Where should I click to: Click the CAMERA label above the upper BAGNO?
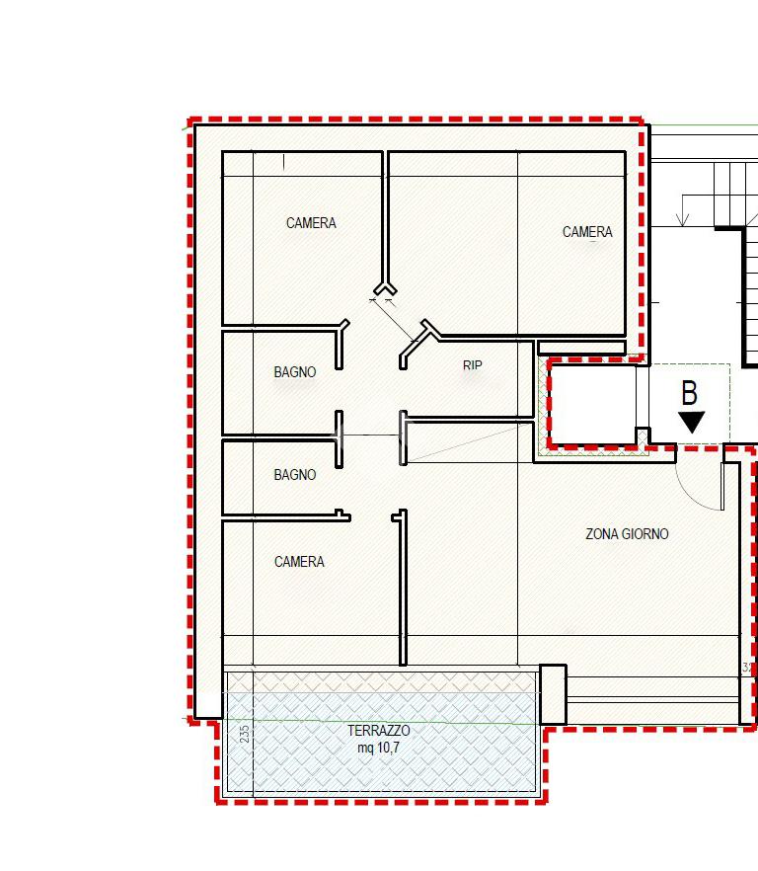(311, 223)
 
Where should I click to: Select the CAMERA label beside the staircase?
(587, 232)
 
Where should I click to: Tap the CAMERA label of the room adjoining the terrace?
(299, 562)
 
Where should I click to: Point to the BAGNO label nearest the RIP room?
(295, 371)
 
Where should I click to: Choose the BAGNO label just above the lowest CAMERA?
(295, 474)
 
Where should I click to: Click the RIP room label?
(472, 365)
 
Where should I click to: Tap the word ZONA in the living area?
(602, 534)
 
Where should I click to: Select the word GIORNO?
(645, 534)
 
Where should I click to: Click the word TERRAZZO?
(379, 731)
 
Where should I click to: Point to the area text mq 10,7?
(378, 748)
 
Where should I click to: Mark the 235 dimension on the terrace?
(245, 734)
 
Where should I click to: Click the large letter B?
(689, 393)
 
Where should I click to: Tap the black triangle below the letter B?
(691, 422)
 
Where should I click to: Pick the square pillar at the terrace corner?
(553, 694)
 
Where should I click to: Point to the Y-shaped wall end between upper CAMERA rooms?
(385, 288)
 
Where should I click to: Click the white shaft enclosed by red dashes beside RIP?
(592, 405)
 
